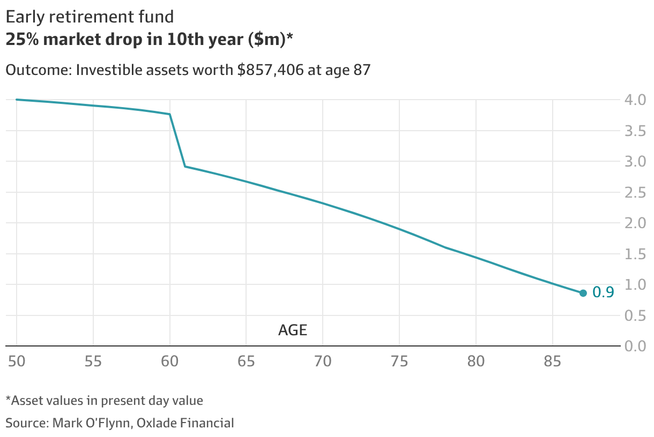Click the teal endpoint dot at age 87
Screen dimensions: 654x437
(x=583, y=293)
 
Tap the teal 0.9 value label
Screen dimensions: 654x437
(x=603, y=292)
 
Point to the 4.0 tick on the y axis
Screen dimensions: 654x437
(x=635, y=100)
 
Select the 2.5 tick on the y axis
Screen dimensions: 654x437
(x=635, y=192)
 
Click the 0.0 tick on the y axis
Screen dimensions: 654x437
(x=635, y=346)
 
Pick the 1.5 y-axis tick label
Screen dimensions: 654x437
(x=635, y=254)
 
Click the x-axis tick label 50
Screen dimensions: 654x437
(x=17, y=361)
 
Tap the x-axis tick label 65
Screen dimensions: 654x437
(x=246, y=361)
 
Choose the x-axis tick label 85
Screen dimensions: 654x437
(x=552, y=361)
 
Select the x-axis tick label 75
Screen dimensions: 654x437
(x=399, y=361)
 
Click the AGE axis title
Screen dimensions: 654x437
(x=293, y=330)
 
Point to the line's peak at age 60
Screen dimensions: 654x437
(x=169, y=114)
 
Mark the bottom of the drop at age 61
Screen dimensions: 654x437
(x=185, y=166)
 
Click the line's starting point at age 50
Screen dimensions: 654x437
(x=17, y=100)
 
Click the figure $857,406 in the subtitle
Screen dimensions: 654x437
(x=270, y=70)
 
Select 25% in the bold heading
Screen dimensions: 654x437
(x=22, y=39)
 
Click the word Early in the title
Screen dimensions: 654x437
(x=25, y=17)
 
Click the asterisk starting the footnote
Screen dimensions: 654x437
(x=8, y=398)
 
